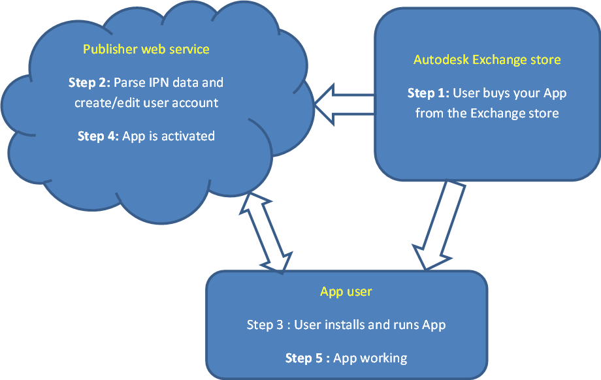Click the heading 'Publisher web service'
146,49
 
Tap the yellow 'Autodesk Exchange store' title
487,59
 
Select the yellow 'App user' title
346,291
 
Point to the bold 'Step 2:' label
89,83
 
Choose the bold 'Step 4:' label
99,136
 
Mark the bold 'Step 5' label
308,358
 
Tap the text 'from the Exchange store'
487,113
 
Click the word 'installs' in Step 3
317,325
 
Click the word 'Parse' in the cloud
129,83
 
